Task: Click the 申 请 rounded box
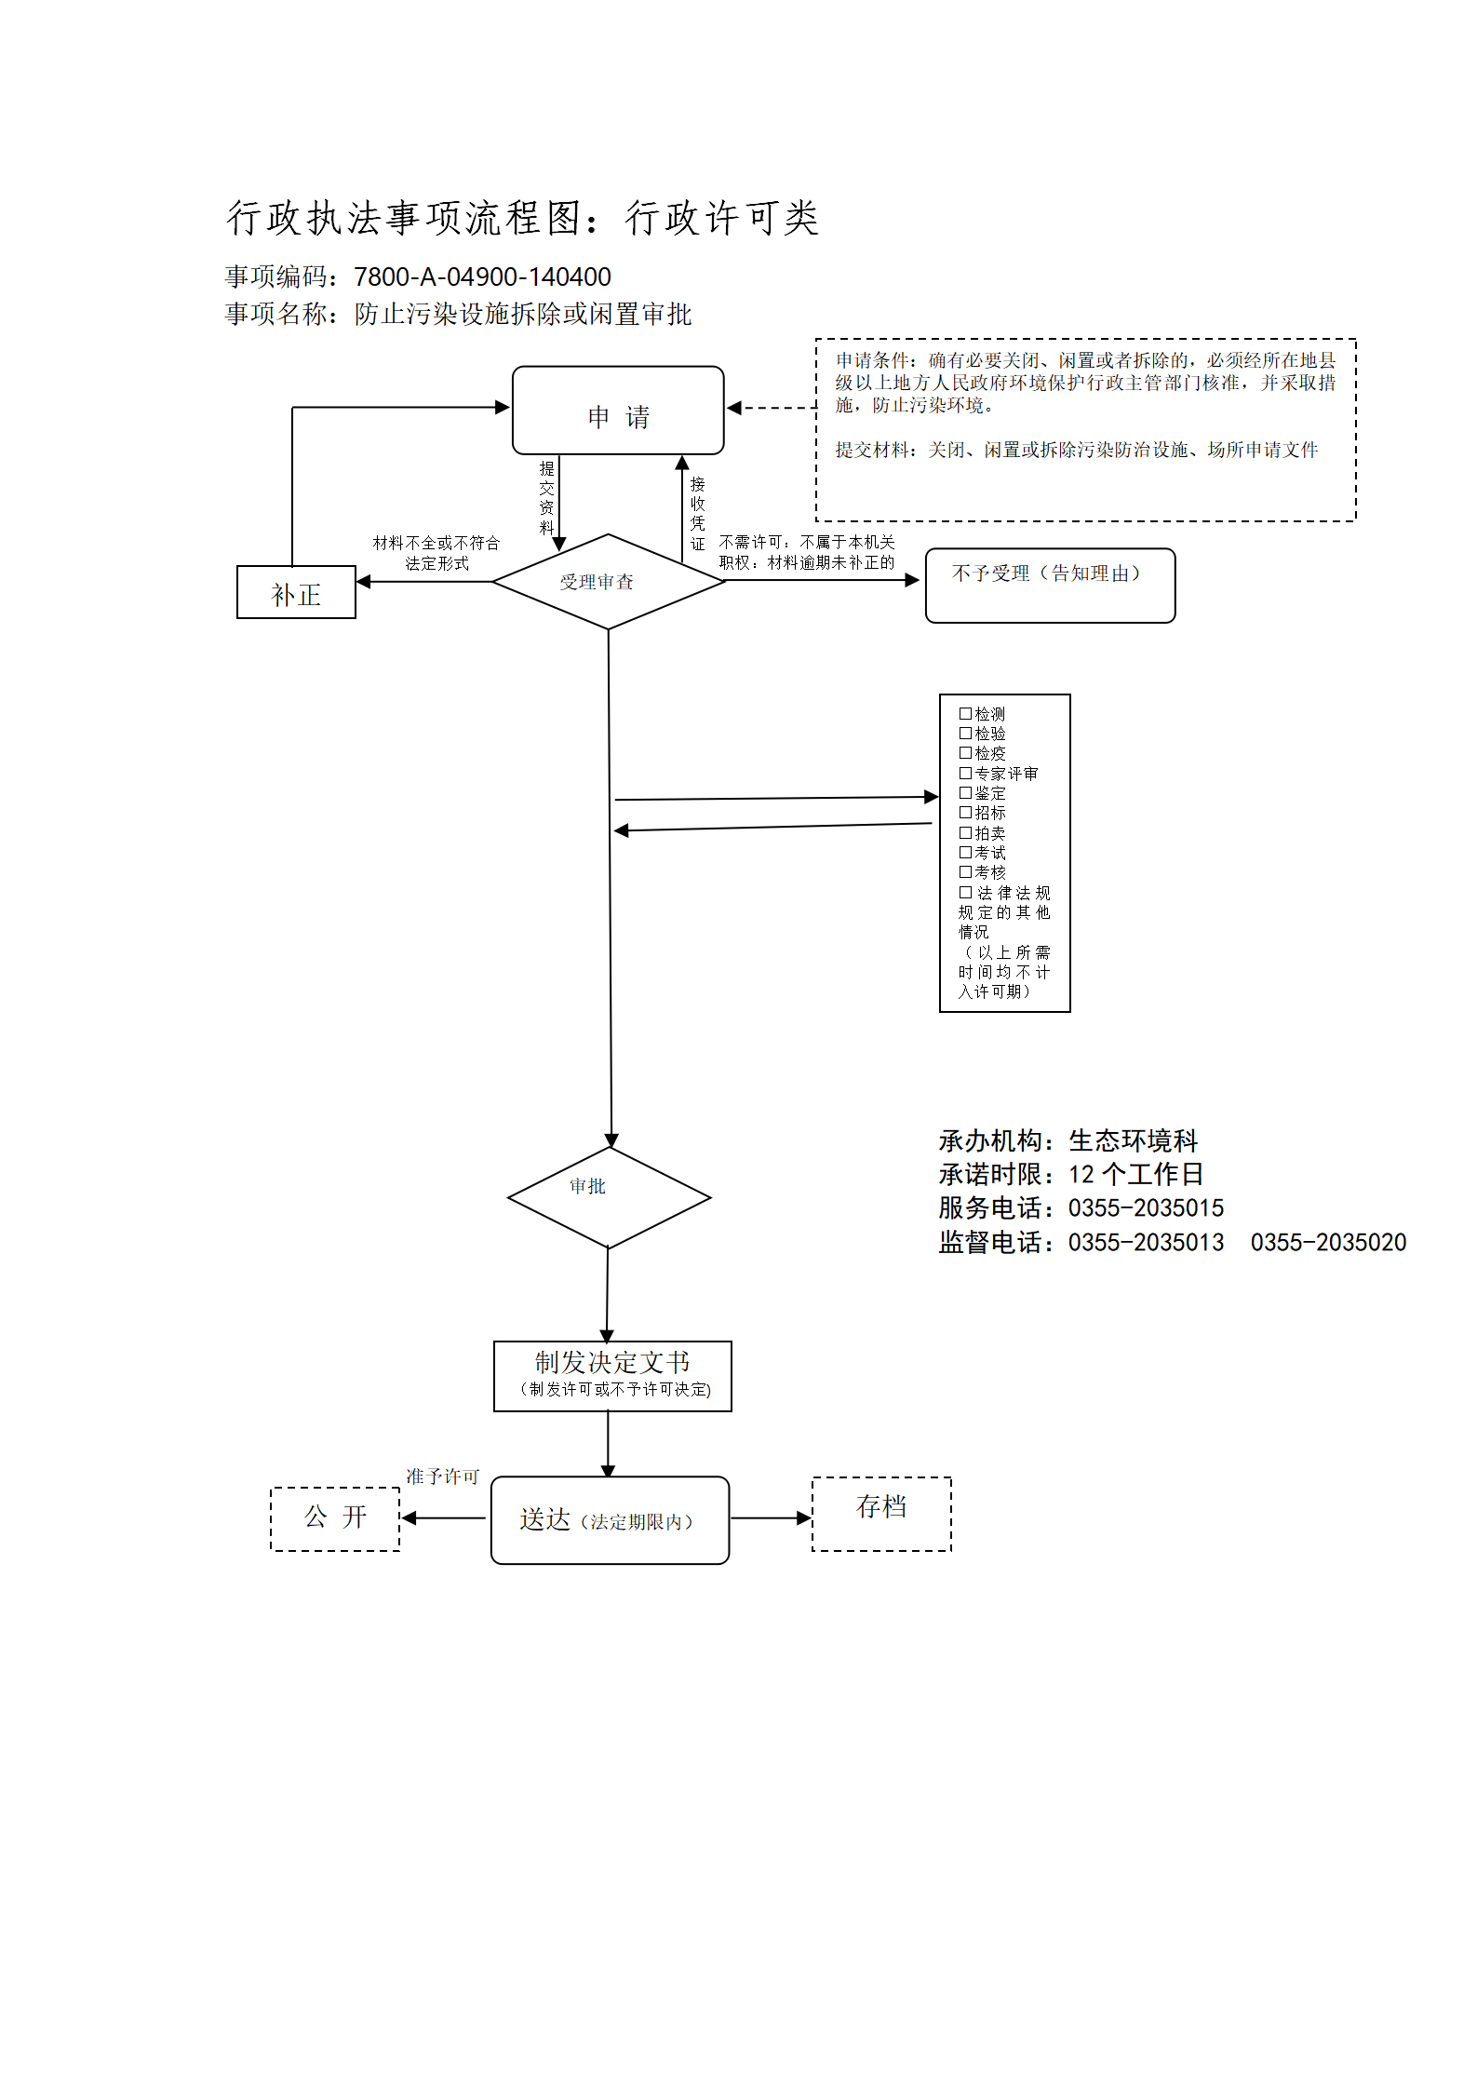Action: [x=618, y=411]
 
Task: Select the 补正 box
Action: [x=296, y=592]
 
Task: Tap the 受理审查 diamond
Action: [x=609, y=582]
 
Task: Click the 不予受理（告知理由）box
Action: [x=1050, y=586]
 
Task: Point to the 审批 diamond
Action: [x=609, y=1197]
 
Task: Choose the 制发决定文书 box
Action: [x=612, y=1376]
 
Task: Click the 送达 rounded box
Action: [x=610, y=1520]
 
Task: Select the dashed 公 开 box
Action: [x=335, y=1518]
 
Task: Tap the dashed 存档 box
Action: [x=881, y=1514]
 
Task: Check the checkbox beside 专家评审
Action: [x=965, y=773]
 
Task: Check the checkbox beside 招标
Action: [x=965, y=812]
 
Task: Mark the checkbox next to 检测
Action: [x=965, y=713]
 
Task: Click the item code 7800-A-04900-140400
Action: [x=482, y=277]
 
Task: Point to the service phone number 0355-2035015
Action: [x=1146, y=1208]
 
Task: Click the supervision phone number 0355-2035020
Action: [x=1328, y=1242]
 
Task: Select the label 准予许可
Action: [x=442, y=1476]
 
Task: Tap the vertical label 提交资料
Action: [x=547, y=497]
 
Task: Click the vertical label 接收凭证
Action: [x=698, y=514]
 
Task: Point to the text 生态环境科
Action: [x=1133, y=1140]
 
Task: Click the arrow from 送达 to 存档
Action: [x=772, y=1518]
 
